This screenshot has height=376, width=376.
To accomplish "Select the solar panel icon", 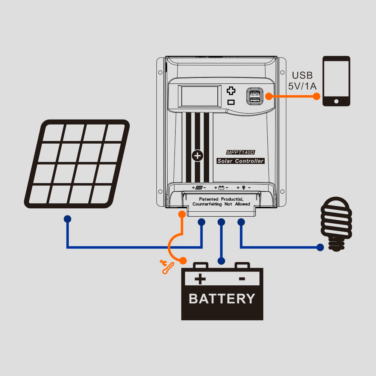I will point(77,164).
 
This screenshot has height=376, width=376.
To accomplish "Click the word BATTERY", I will point(222,299).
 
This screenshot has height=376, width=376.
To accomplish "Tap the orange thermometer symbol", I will point(166,267).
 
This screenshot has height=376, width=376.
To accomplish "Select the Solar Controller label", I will point(241,161).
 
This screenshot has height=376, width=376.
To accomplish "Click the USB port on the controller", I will point(255,96).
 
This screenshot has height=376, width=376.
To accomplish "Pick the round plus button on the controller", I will point(197,156).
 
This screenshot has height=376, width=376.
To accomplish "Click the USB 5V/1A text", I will point(302,81).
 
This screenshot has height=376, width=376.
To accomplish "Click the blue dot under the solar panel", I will point(67,218).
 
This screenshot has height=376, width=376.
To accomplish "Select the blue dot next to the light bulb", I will point(320,247).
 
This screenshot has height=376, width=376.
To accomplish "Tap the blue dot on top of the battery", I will point(221,261).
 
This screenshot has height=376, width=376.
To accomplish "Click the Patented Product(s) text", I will point(221,202).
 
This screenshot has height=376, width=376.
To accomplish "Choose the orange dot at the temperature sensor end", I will point(183,260).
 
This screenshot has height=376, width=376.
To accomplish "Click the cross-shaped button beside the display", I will point(231,91).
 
